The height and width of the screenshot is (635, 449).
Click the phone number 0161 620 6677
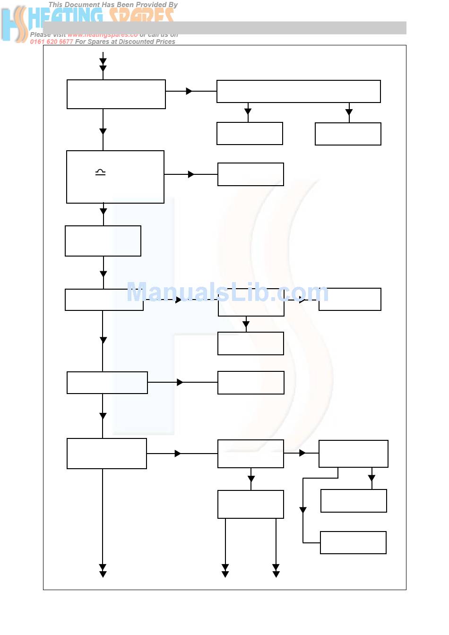point(52,42)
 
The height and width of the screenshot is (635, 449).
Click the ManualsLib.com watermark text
point(227,292)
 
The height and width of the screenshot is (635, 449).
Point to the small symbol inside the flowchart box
point(100,172)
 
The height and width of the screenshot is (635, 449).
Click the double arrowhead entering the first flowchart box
point(103,65)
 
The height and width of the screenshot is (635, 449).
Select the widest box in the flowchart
point(298,91)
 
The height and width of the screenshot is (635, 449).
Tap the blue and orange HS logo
point(14,24)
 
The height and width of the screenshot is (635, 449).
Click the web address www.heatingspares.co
point(102,34)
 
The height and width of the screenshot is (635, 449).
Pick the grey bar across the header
point(284,28)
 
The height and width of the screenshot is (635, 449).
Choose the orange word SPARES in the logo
point(142,17)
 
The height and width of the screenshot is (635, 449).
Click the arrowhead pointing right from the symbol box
point(191,174)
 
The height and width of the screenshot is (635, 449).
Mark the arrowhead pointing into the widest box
point(189,91)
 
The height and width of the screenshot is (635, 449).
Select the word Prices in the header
point(164,42)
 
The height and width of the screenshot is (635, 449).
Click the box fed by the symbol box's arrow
point(250,174)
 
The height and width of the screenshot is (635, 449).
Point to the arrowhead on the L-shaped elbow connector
point(303,510)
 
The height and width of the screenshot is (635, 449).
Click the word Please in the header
point(40,34)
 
